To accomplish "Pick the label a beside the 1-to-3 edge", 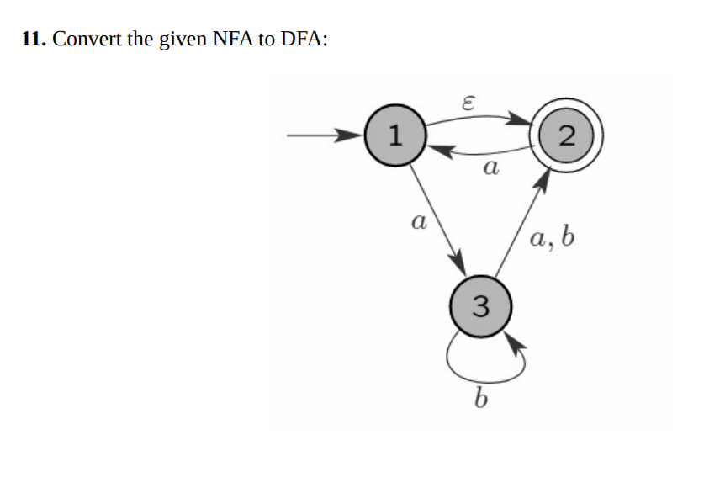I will pos(415,223).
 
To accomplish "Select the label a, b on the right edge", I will pos(553,239).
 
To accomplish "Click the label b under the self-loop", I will pos(480,397).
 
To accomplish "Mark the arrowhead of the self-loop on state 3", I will pos(516,343).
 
